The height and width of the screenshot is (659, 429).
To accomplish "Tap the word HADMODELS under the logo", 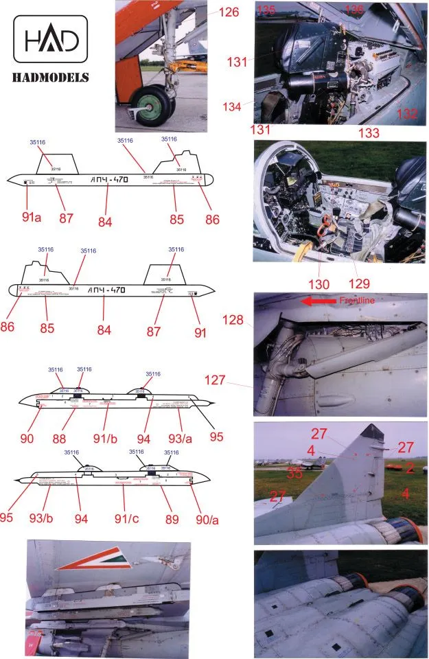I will click(51, 77).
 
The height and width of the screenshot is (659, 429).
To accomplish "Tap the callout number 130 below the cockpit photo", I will click(320, 283).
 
